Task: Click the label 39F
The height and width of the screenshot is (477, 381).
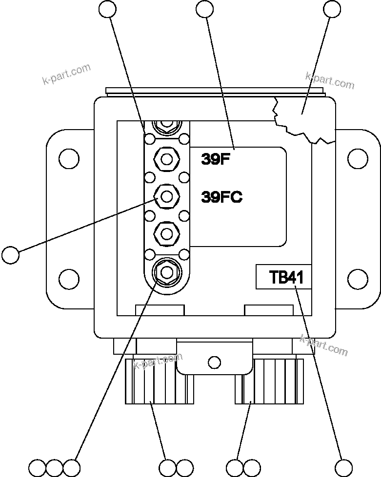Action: pyautogui.click(x=215, y=159)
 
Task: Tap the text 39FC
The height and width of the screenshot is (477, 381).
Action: pyautogui.click(x=222, y=197)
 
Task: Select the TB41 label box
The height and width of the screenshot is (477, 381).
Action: pyautogui.click(x=283, y=277)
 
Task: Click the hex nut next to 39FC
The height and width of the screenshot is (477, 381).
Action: pyautogui.click(x=167, y=197)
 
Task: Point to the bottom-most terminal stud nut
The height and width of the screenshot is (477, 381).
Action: pyautogui.click(x=166, y=271)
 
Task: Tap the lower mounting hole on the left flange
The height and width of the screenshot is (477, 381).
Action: pyautogui.click(x=69, y=279)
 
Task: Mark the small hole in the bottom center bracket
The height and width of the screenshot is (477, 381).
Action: pyautogui.click(x=214, y=362)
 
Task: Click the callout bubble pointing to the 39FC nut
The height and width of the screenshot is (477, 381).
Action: pyautogui.click(x=10, y=255)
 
